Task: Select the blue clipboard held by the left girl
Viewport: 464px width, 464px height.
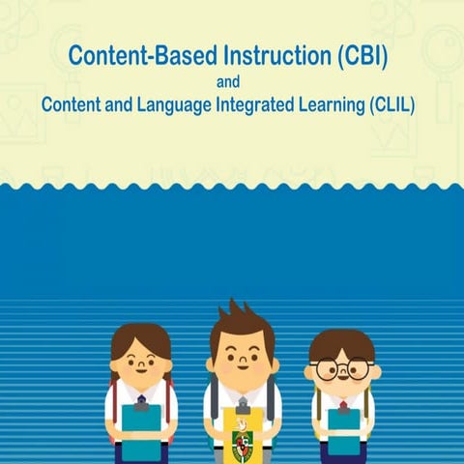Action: pos(141,429)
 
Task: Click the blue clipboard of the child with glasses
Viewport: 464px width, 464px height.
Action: pos(343,431)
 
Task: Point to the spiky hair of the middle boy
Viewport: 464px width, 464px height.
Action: pos(242,322)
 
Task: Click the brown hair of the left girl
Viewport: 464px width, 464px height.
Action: pos(141,337)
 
